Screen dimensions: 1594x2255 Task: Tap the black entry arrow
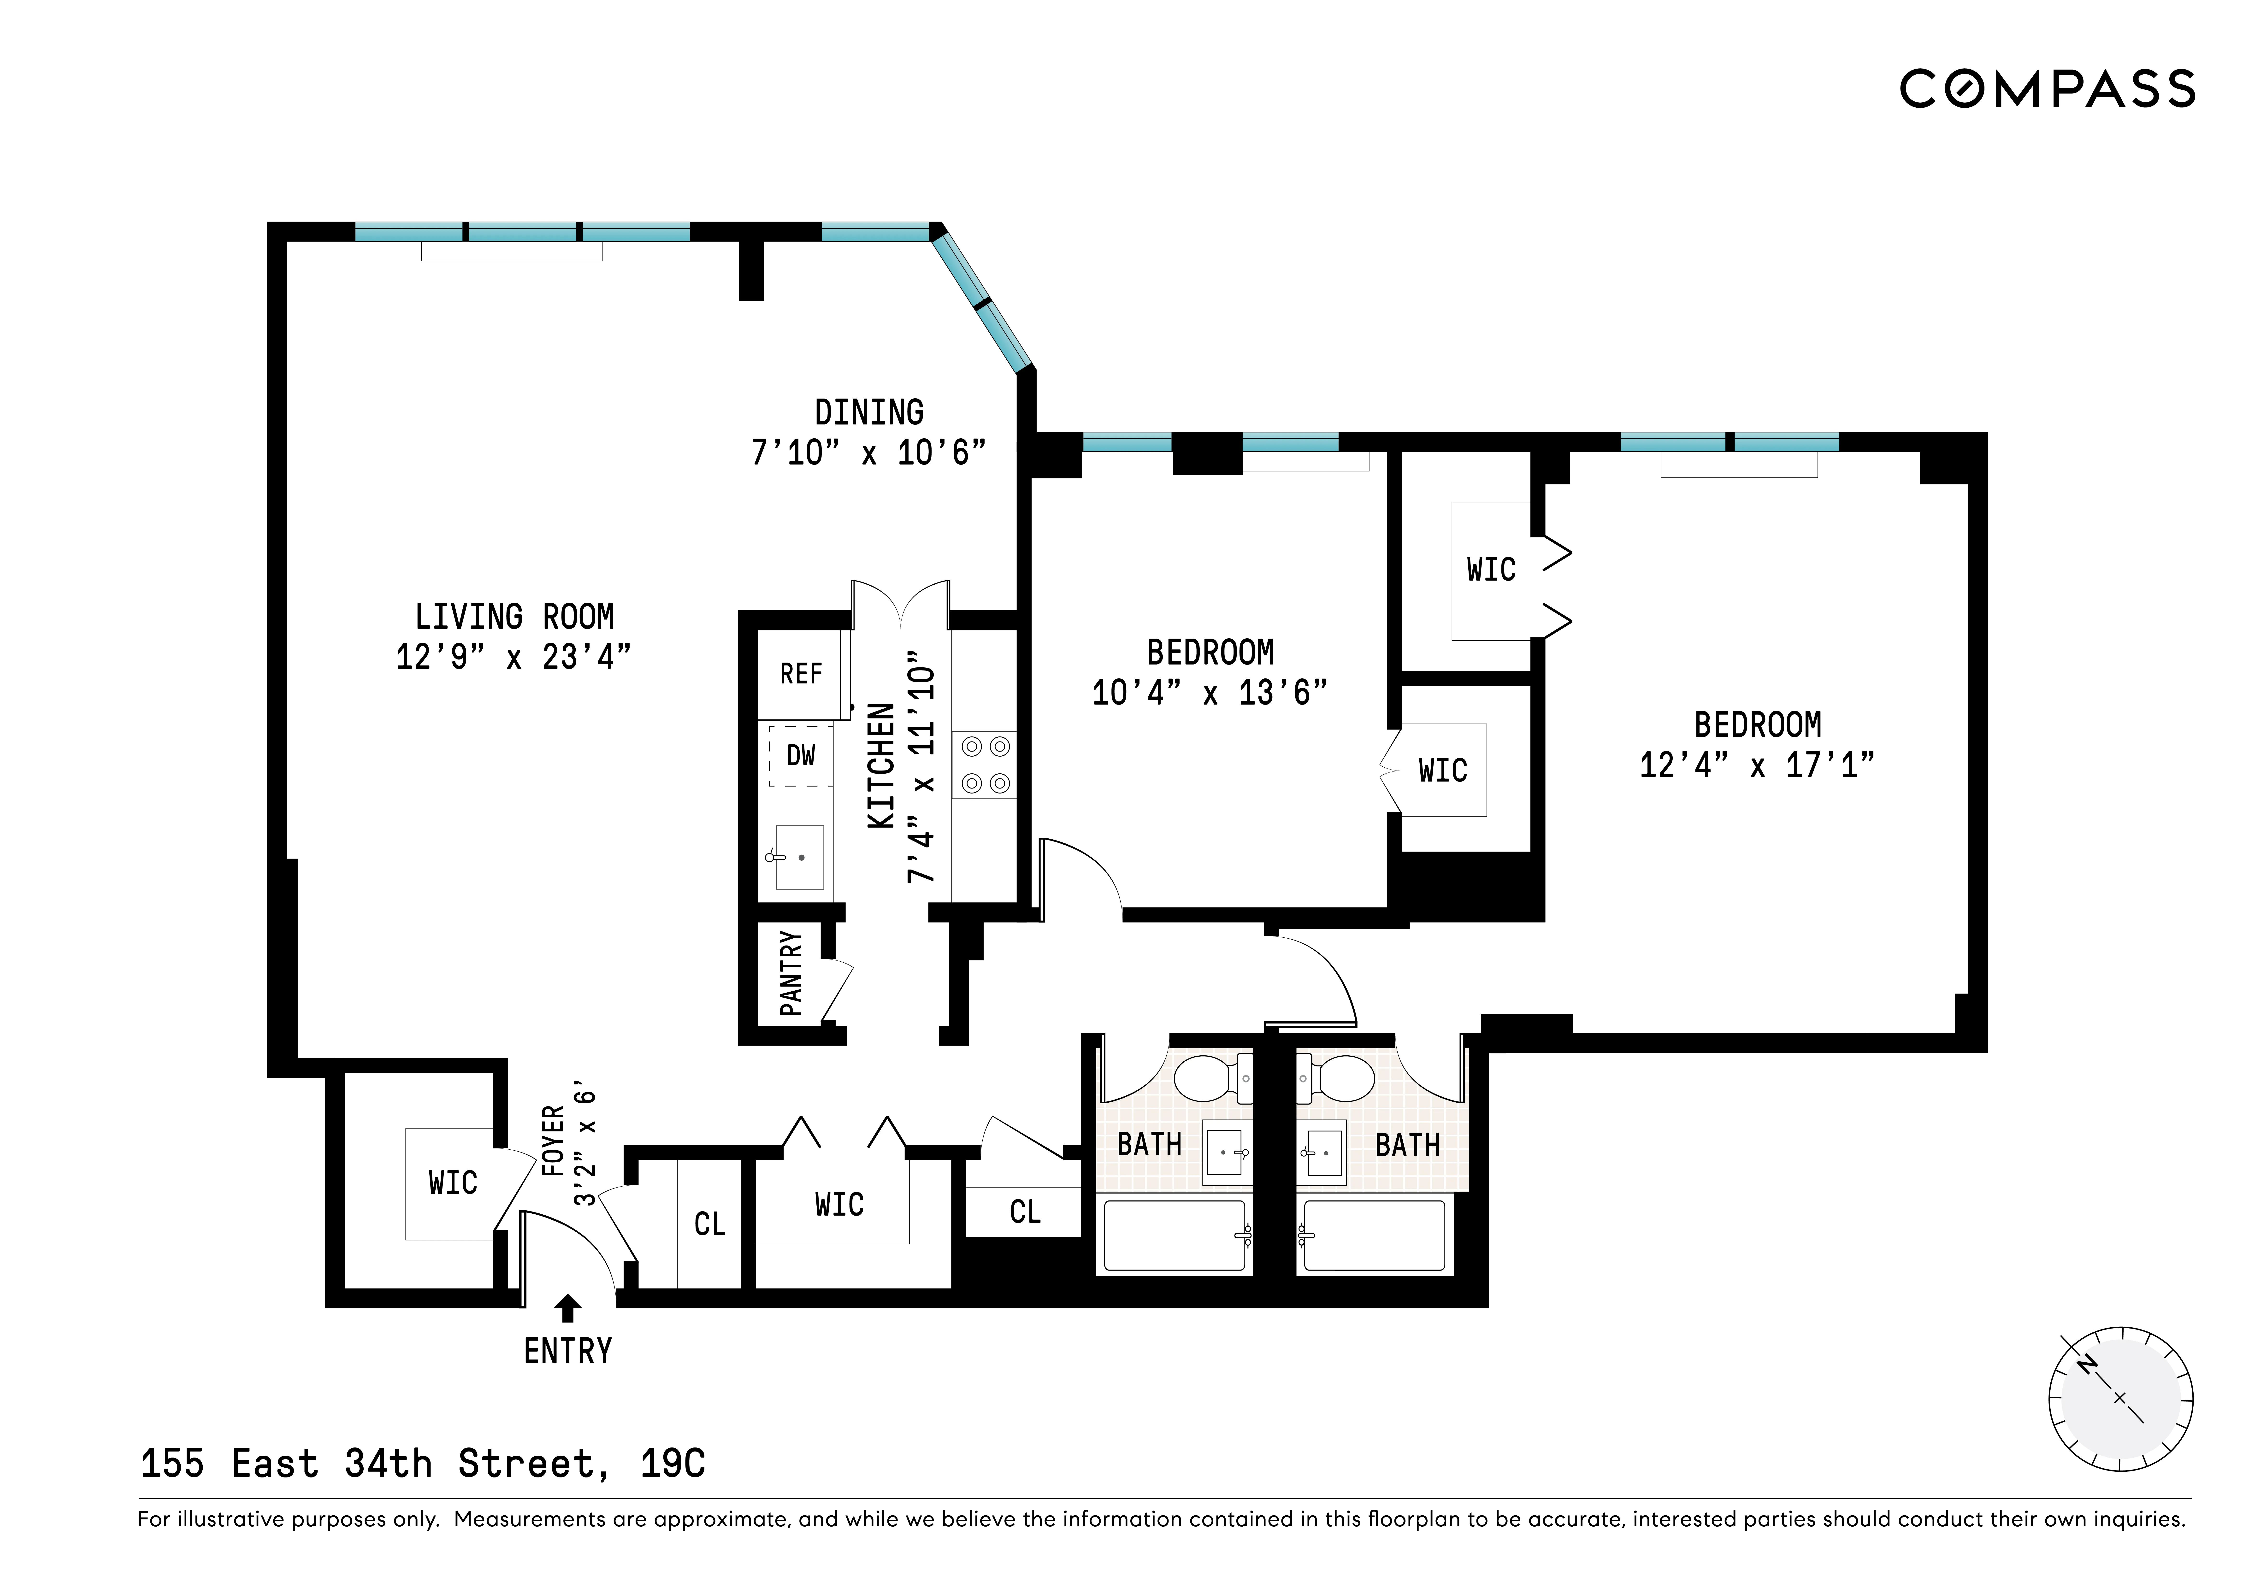(568, 1308)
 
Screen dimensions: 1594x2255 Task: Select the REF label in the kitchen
(800, 674)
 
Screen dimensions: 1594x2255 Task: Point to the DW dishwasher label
(800, 755)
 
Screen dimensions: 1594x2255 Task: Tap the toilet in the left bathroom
(1213, 1077)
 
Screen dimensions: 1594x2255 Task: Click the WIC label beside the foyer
(453, 1182)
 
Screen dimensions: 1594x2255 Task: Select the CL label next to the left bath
(1024, 1212)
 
